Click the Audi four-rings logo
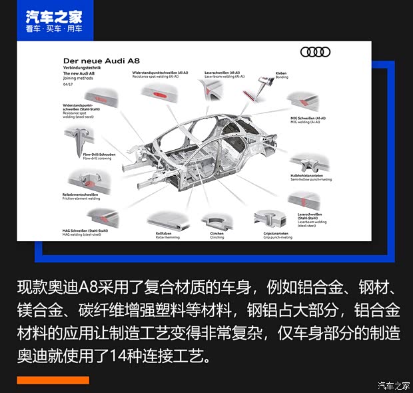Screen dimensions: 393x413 coord(315,52)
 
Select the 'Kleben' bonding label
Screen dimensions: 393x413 coord(282,75)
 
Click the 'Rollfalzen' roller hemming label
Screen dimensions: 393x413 coord(165,234)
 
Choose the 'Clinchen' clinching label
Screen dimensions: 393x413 coord(218,234)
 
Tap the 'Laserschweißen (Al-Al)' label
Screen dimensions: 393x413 coord(223,73)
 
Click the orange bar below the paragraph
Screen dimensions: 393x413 coord(53,380)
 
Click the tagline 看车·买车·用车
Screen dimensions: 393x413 coord(54,29)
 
